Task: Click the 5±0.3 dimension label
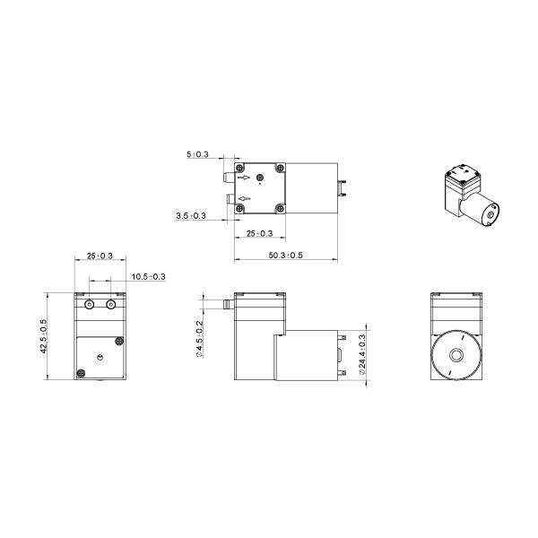coord(197,155)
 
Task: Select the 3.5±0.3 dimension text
coord(191,216)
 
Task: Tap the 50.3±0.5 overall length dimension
coord(285,256)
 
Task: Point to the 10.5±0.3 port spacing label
coord(147,276)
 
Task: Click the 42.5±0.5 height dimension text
coord(43,336)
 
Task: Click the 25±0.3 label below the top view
coord(261,233)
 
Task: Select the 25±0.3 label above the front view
coord(100,256)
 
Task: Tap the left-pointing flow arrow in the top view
coord(246,197)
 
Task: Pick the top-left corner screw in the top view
coord(239,168)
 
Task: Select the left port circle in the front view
coord(89,306)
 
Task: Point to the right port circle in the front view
coord(111,306)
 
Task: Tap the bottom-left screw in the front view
coord(81,373)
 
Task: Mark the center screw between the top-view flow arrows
coord(261,178)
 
